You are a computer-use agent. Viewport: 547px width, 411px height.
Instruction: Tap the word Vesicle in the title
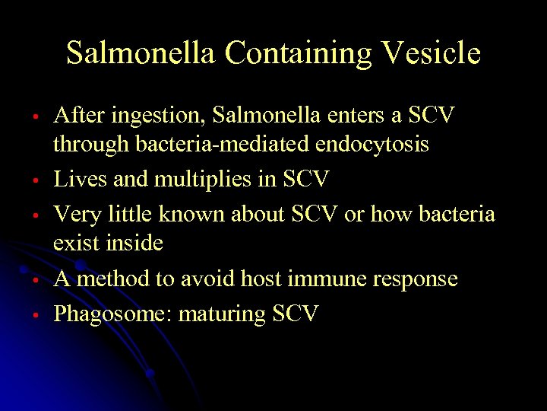click(431, 53)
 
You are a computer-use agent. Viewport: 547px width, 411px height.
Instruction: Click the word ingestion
click(155, 116)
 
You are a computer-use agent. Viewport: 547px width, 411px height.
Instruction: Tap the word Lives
click(74, 179)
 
